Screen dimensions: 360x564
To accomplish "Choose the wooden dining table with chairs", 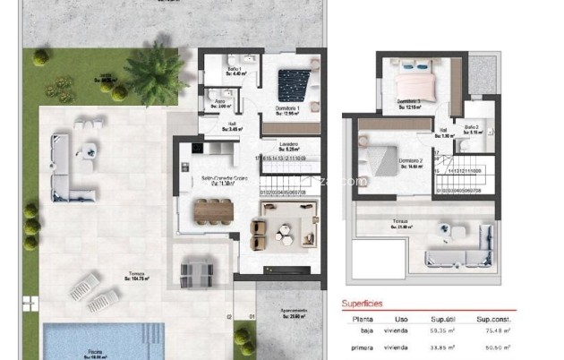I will (x=214, y=210).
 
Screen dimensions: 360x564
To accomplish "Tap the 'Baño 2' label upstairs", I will (x=472, y=127).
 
